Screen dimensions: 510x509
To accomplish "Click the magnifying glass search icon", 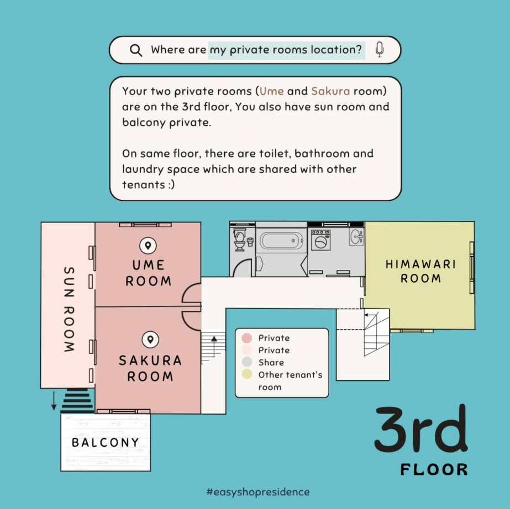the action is click(136, 50).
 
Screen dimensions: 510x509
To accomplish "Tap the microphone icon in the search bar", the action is click(379, 50).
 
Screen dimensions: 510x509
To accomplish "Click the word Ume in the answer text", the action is click(272, 91).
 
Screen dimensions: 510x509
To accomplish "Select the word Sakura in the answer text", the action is click(330, 91).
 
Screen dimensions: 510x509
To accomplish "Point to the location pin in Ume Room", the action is click(148, 246).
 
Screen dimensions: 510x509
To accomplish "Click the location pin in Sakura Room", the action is click(150, 340).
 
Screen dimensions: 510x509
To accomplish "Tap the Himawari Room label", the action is click(420, 271).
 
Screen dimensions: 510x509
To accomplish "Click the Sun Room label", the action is click(69, 309).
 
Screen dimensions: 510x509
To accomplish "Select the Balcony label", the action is click(106, 442).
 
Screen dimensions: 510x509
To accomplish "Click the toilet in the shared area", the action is click(240, 240).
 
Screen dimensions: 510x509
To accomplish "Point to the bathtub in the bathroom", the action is click(281, 241).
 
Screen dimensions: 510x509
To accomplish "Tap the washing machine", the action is click(320, 240).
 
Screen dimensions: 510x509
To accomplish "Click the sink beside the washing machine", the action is click(357, 237).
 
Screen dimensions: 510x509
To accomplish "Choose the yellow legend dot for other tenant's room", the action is click(247, 374).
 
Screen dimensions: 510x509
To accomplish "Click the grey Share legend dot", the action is click(247, 362).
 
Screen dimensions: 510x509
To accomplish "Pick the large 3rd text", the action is click(421, 429).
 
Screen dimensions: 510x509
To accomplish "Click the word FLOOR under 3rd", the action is click(434, 470).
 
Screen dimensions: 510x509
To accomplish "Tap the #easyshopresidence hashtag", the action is click(258, 492).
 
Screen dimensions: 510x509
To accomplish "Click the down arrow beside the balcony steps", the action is click(54, 401).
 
